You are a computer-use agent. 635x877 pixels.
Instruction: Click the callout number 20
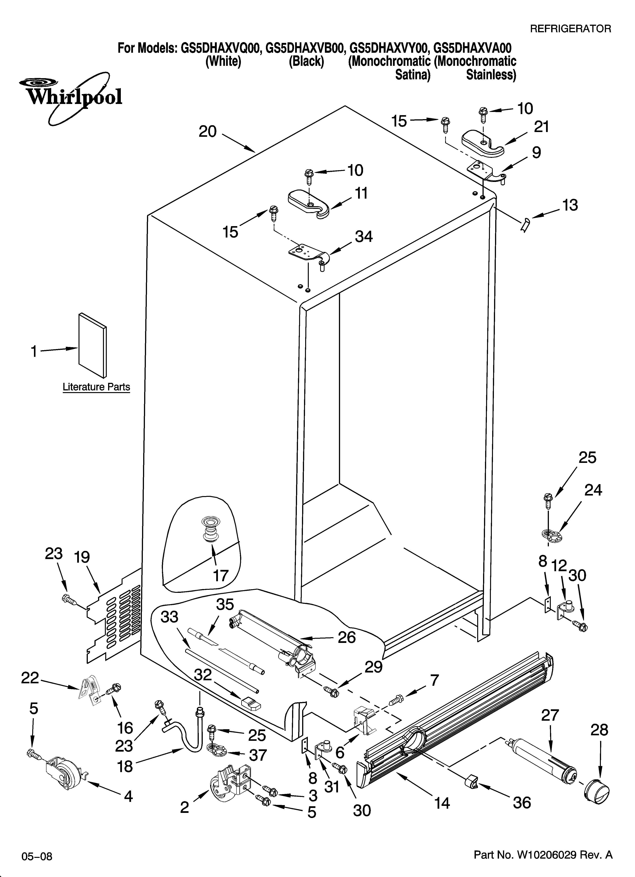pyautogui.click(x=208, y=132)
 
